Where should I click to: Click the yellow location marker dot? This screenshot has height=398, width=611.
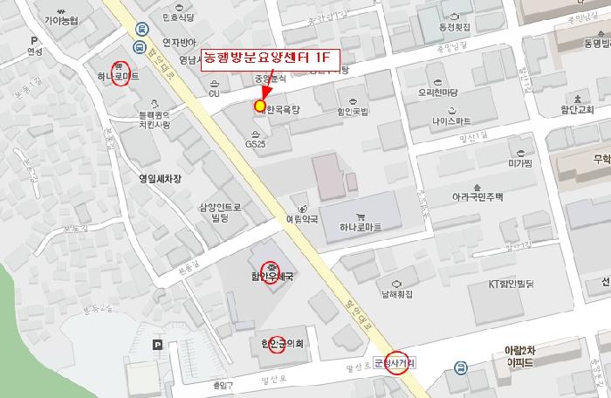259,106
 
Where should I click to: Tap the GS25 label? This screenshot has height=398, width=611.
256,143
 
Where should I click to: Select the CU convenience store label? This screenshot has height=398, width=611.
214,93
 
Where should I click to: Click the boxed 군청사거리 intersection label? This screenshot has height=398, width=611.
395,361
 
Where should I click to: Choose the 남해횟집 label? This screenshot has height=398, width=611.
395,295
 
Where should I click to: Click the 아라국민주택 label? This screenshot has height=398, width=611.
477,197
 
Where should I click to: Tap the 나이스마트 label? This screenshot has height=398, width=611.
445,119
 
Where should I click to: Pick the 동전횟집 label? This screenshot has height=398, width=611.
450,28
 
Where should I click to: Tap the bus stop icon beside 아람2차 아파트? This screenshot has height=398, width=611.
458,367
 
